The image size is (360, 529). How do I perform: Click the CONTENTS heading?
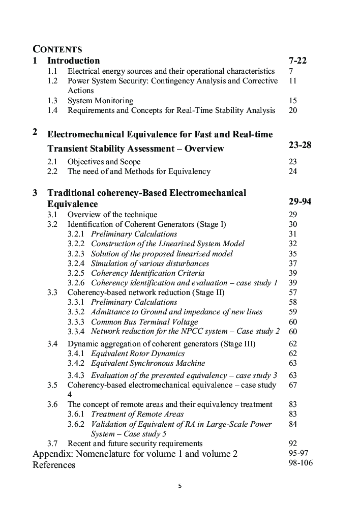(x=57, y=49)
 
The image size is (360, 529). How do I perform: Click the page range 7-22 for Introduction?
(x=297, y=61)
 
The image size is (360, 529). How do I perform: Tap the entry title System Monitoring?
(x=100, y=101)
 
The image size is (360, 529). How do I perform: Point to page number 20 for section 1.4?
(x=292, y=110)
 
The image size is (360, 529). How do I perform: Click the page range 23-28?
(x=299, y=145)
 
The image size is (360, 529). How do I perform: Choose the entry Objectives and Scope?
(x=104, y=162)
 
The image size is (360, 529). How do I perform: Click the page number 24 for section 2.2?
(x=292, y=171)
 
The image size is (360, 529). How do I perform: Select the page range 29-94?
(x=299, y=201)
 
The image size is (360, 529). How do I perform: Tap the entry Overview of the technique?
(x=112, y=215)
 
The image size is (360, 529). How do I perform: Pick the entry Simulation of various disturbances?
(x=149, y=263)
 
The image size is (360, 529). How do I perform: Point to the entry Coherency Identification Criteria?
(x=147, y=273)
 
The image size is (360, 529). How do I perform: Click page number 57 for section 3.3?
(x=292, y=292)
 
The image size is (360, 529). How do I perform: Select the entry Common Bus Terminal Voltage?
(x=144, y=322)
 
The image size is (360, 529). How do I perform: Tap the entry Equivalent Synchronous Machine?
(x=148, y=363)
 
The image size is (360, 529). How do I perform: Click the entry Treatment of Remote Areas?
(x=137, y=414)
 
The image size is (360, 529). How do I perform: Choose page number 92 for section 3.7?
(x=292, y=444)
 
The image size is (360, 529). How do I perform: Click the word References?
(x=54, y=465)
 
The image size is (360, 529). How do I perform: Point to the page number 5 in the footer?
(x=179, y=486)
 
